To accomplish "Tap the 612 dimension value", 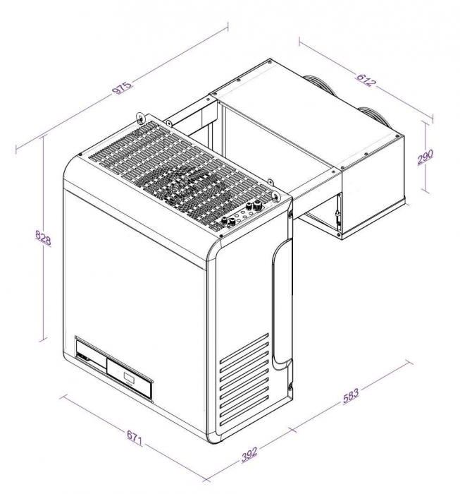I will pos(366,80).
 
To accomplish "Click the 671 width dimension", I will pos(135,439).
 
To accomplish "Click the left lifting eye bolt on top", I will pos(140,116).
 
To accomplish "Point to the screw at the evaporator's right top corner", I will pos(399,134).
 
